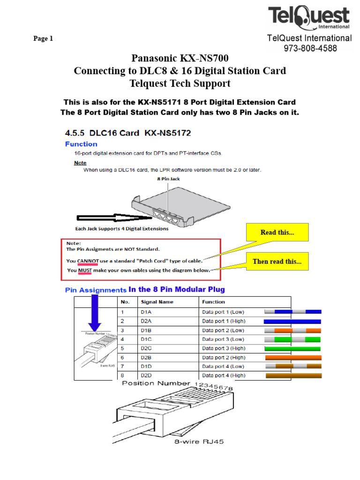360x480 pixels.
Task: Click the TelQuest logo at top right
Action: pos(309,18)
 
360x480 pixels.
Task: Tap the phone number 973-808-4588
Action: pos(309,48)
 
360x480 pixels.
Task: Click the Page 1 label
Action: pos(43,39)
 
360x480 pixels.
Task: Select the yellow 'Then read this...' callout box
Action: pos(278,261)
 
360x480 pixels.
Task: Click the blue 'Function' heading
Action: pos(81,144)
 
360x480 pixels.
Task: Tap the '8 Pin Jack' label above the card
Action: pos(168,179)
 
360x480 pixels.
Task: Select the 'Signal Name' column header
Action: pos(156,302)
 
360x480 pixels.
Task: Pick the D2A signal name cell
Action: pos(146,321)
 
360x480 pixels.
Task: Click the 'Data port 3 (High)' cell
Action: pos(224,348)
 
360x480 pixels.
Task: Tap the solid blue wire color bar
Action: pos(292,322)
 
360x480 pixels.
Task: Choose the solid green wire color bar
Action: pos(292,349)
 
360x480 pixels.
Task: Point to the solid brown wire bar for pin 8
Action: pos(294,375)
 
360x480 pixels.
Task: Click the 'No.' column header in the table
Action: pos(125,302)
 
